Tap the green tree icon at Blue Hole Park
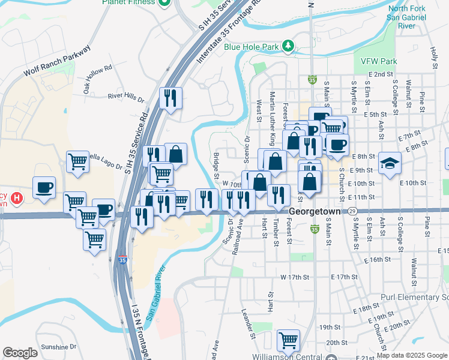click(288, 46)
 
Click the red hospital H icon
click(16, 197)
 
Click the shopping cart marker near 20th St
click(288, 340)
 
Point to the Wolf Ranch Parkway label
click(56, 61)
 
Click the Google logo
click(20, 353)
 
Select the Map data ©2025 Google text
click(412, 355)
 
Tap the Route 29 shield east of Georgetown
click(353, 212)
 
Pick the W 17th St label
click(295, 277)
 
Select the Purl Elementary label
click(414, 298)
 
